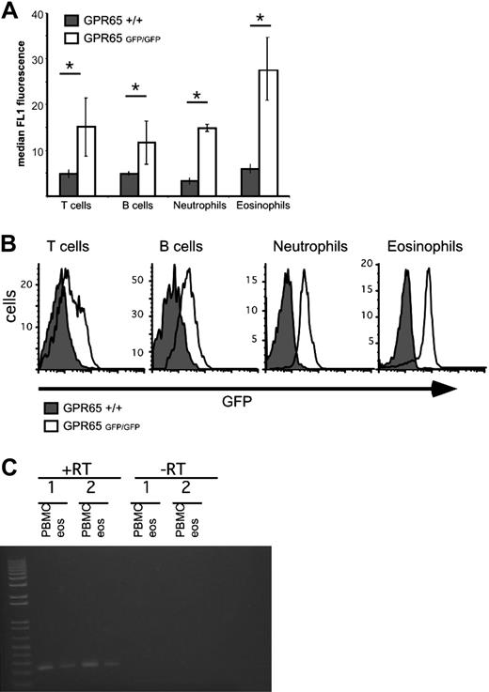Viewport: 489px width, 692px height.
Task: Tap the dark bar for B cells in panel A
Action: click(x=130, y=180)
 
